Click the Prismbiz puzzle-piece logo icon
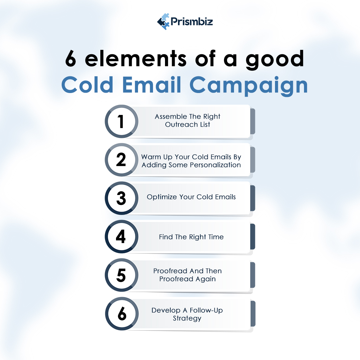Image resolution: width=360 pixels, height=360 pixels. pyautogui.click(x=163, y=22)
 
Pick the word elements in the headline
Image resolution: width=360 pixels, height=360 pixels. pyautogui.click(x=136, y=59)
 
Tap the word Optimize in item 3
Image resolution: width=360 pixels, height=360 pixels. pyautogui.click(x=161, y=197)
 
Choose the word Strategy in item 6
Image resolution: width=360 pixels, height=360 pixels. pyautogui.click(x=187, y=319)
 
